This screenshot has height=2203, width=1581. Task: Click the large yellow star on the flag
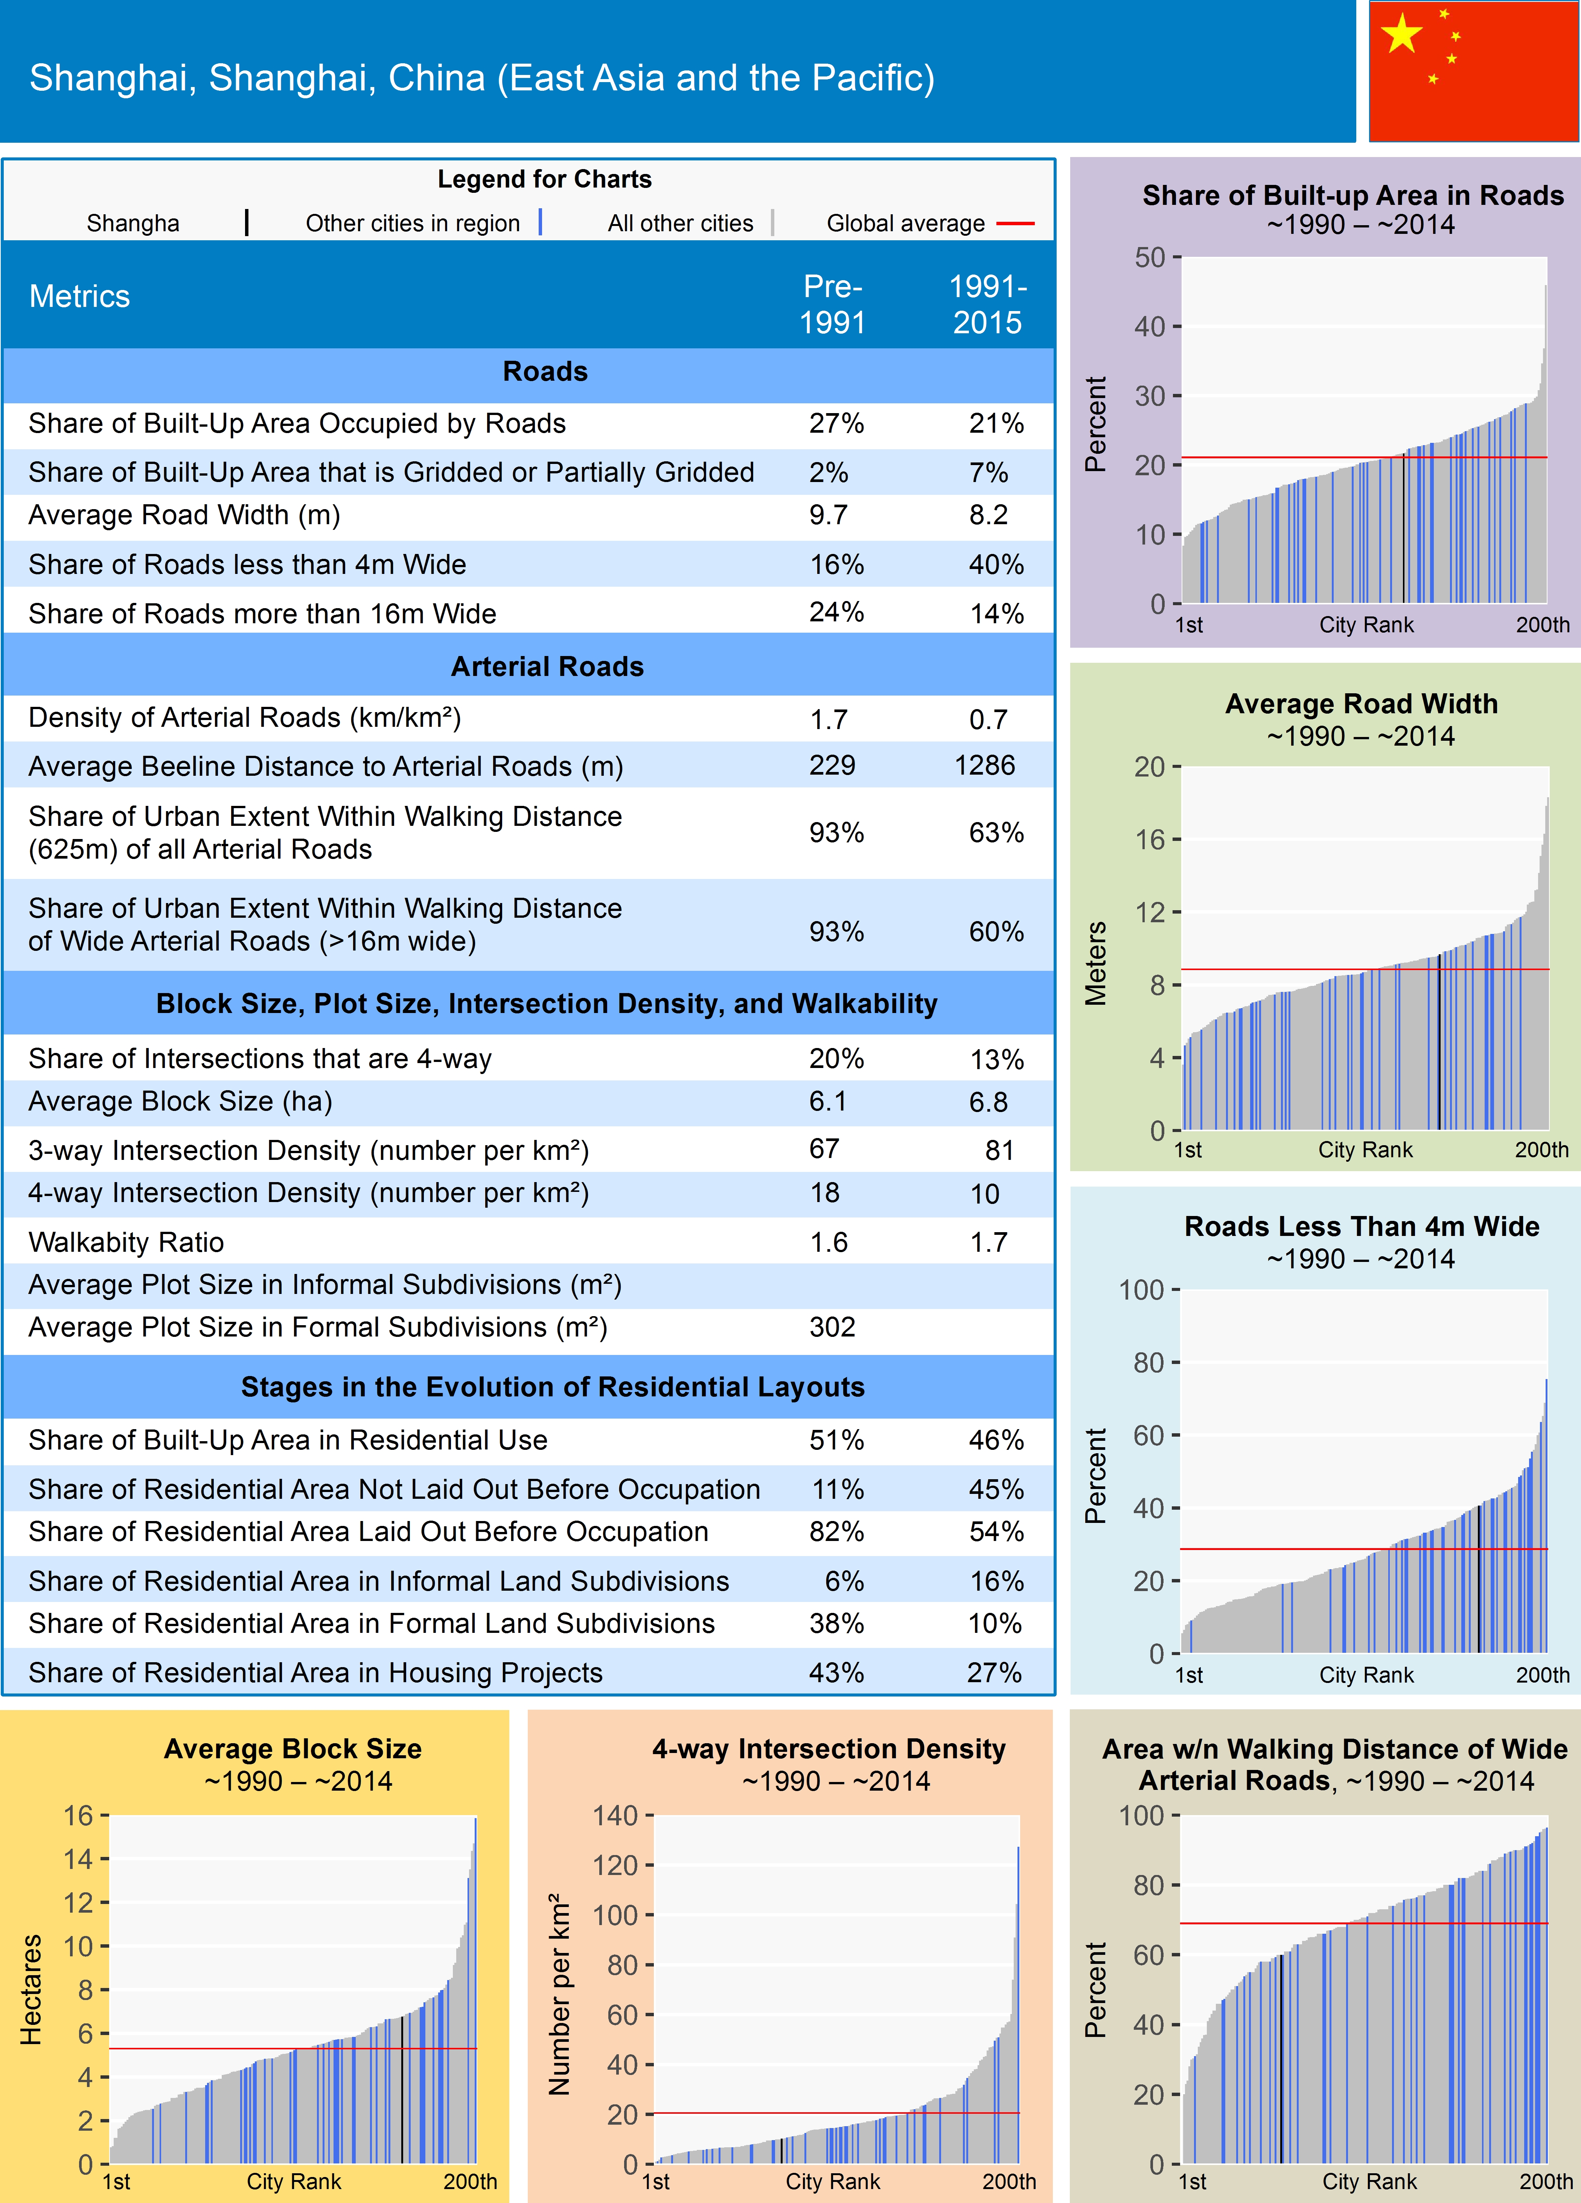(1401, 35)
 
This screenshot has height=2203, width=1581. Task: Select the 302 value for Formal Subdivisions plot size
(832, 1327)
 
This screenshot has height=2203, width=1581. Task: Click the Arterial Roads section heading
(547, 666)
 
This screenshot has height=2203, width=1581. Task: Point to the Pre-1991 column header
(832, 304)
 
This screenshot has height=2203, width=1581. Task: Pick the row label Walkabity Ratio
(126, 1242)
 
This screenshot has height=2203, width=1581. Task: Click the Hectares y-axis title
(31, 1989)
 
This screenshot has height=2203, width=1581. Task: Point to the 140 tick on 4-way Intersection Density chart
(616, 1815)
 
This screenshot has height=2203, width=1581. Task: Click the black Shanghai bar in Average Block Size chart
(402, 2089)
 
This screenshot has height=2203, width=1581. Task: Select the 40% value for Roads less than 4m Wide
(995, 564)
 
